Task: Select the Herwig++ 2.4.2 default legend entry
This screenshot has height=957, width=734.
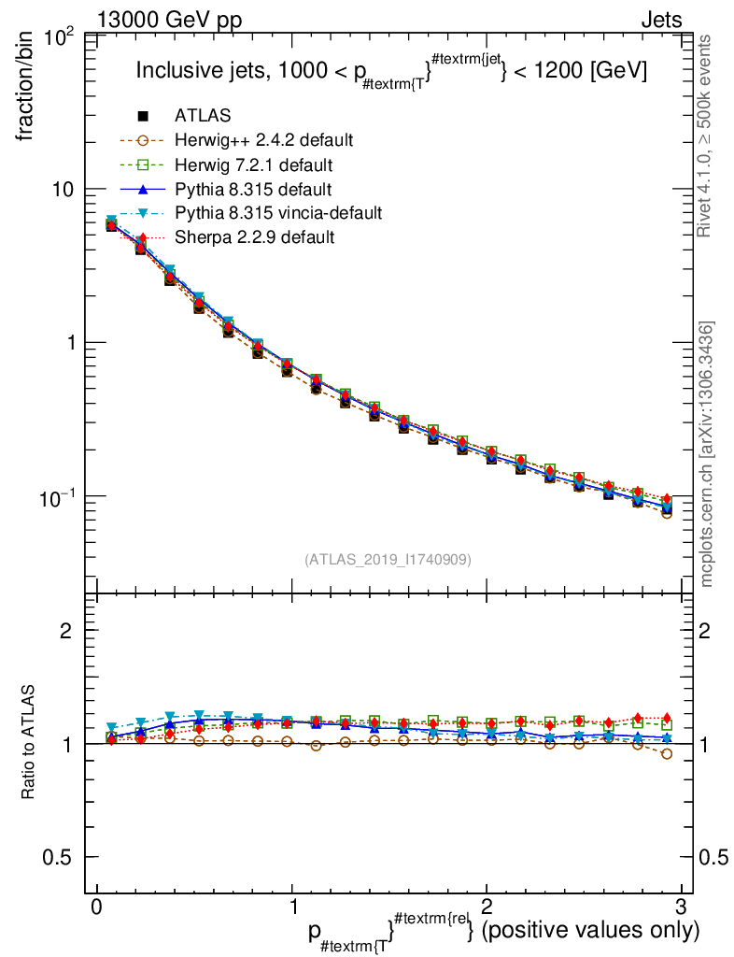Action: pyautogui.click(x=263, y=140)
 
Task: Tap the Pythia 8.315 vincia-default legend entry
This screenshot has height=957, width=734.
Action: pyautogui.click(x=277, y=213)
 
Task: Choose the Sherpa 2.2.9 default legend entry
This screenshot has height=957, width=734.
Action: pyautogui.click(x=254, y=237)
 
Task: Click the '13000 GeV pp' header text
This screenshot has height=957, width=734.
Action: pyautogui.click(x=169, y=20)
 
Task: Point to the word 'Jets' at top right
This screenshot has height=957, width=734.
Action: pyautogui.click(x=661, y=20)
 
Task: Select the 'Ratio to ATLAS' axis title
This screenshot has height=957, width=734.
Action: pyautogui.click(x=29, y=744)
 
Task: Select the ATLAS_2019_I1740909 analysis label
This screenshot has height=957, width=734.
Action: pyautogui.click(x=388, y=559)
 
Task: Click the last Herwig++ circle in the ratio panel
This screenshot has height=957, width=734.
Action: pyautogui.click(x=667, y=753)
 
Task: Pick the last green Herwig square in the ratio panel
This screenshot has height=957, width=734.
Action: pyautogui.click(x=667, y=724)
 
